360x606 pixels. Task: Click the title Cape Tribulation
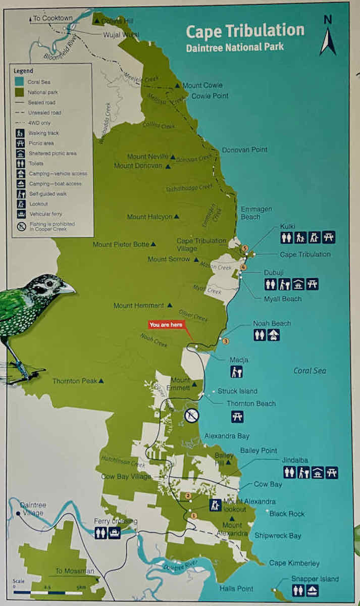coord(245,31)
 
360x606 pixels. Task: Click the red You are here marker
coord(166,325)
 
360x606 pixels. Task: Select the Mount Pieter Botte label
coord(121,244)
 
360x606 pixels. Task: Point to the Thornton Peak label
coord(75,381)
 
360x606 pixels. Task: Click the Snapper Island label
coord(315,579)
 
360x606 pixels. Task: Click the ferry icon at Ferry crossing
coord(115,533)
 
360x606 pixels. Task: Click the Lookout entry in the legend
coord(39,204)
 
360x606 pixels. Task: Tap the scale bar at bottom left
coord(47,592)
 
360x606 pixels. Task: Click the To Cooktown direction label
coord(53,18)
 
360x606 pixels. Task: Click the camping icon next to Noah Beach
coord(274,335)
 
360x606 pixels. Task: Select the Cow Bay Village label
coord(126,476)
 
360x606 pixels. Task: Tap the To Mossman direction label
coord(75,571)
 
